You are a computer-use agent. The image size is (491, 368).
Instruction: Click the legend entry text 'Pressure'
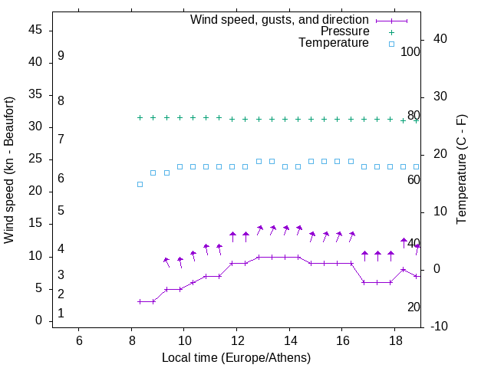[x=345, y=31]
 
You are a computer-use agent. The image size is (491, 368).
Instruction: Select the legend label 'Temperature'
[x=334, y=43]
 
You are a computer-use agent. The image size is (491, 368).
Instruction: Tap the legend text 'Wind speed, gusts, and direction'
[x=280, y=20]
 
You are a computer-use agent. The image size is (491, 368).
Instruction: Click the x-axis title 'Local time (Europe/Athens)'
[x=236, y=357]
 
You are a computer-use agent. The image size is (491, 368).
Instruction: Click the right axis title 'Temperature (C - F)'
[x=461, y=170]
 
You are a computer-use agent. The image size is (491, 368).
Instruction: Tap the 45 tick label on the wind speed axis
[x=35, y=30]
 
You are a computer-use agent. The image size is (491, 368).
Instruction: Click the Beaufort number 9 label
[x=61, y=56]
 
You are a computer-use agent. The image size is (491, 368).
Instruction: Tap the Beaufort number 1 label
[x=61, y=314]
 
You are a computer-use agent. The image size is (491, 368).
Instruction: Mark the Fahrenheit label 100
[x=411, y=52]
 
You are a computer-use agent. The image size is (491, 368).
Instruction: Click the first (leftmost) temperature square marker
[x=140, y=184]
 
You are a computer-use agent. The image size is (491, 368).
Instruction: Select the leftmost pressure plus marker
[x=140, y=117]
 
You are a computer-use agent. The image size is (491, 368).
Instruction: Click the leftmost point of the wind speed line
[x=140, y=301]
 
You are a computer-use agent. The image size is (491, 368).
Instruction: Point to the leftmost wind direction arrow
[x=166, y=262]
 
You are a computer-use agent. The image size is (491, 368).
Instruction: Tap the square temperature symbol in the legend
[x=391, y=44]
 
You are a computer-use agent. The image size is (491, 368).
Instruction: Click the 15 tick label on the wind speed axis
[x=35, y=224]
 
